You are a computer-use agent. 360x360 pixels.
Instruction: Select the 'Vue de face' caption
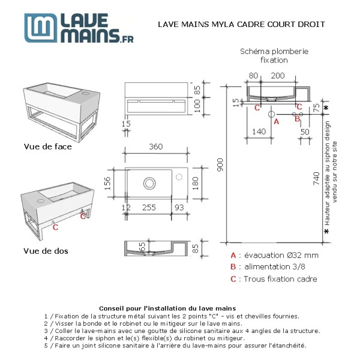47,146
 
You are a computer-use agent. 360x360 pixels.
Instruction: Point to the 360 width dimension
157,147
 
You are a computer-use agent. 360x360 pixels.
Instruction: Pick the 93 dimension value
178,207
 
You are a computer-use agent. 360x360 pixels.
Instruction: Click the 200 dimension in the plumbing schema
277,76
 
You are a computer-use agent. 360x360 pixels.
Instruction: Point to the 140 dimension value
259,131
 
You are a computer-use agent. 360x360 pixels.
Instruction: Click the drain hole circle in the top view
148,182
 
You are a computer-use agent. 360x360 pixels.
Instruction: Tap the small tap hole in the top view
179,178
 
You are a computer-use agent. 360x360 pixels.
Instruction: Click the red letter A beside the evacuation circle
276,121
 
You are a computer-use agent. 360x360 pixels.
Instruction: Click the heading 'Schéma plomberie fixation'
274,56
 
